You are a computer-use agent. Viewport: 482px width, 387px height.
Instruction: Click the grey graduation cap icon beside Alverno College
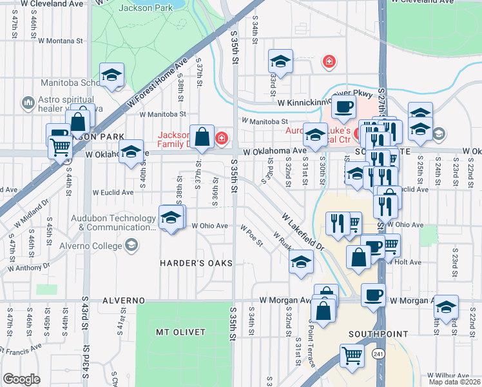click(131, 245)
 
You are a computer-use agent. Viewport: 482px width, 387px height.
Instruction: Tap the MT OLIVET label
click(180, 332)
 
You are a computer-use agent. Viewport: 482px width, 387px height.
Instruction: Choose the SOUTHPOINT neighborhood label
click(378, 334)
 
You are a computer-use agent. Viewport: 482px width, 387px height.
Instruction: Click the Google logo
click(21, 379)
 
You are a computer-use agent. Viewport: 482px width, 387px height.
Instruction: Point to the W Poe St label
click(252, 236)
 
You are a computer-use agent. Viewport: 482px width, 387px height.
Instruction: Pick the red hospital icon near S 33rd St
click(329, 61)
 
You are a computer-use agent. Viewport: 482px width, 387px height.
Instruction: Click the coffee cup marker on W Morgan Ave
click(373, 295)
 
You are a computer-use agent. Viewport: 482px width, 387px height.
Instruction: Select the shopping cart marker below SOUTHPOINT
click(352, 355)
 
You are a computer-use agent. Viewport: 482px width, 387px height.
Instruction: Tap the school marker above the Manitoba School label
click(112, 74)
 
